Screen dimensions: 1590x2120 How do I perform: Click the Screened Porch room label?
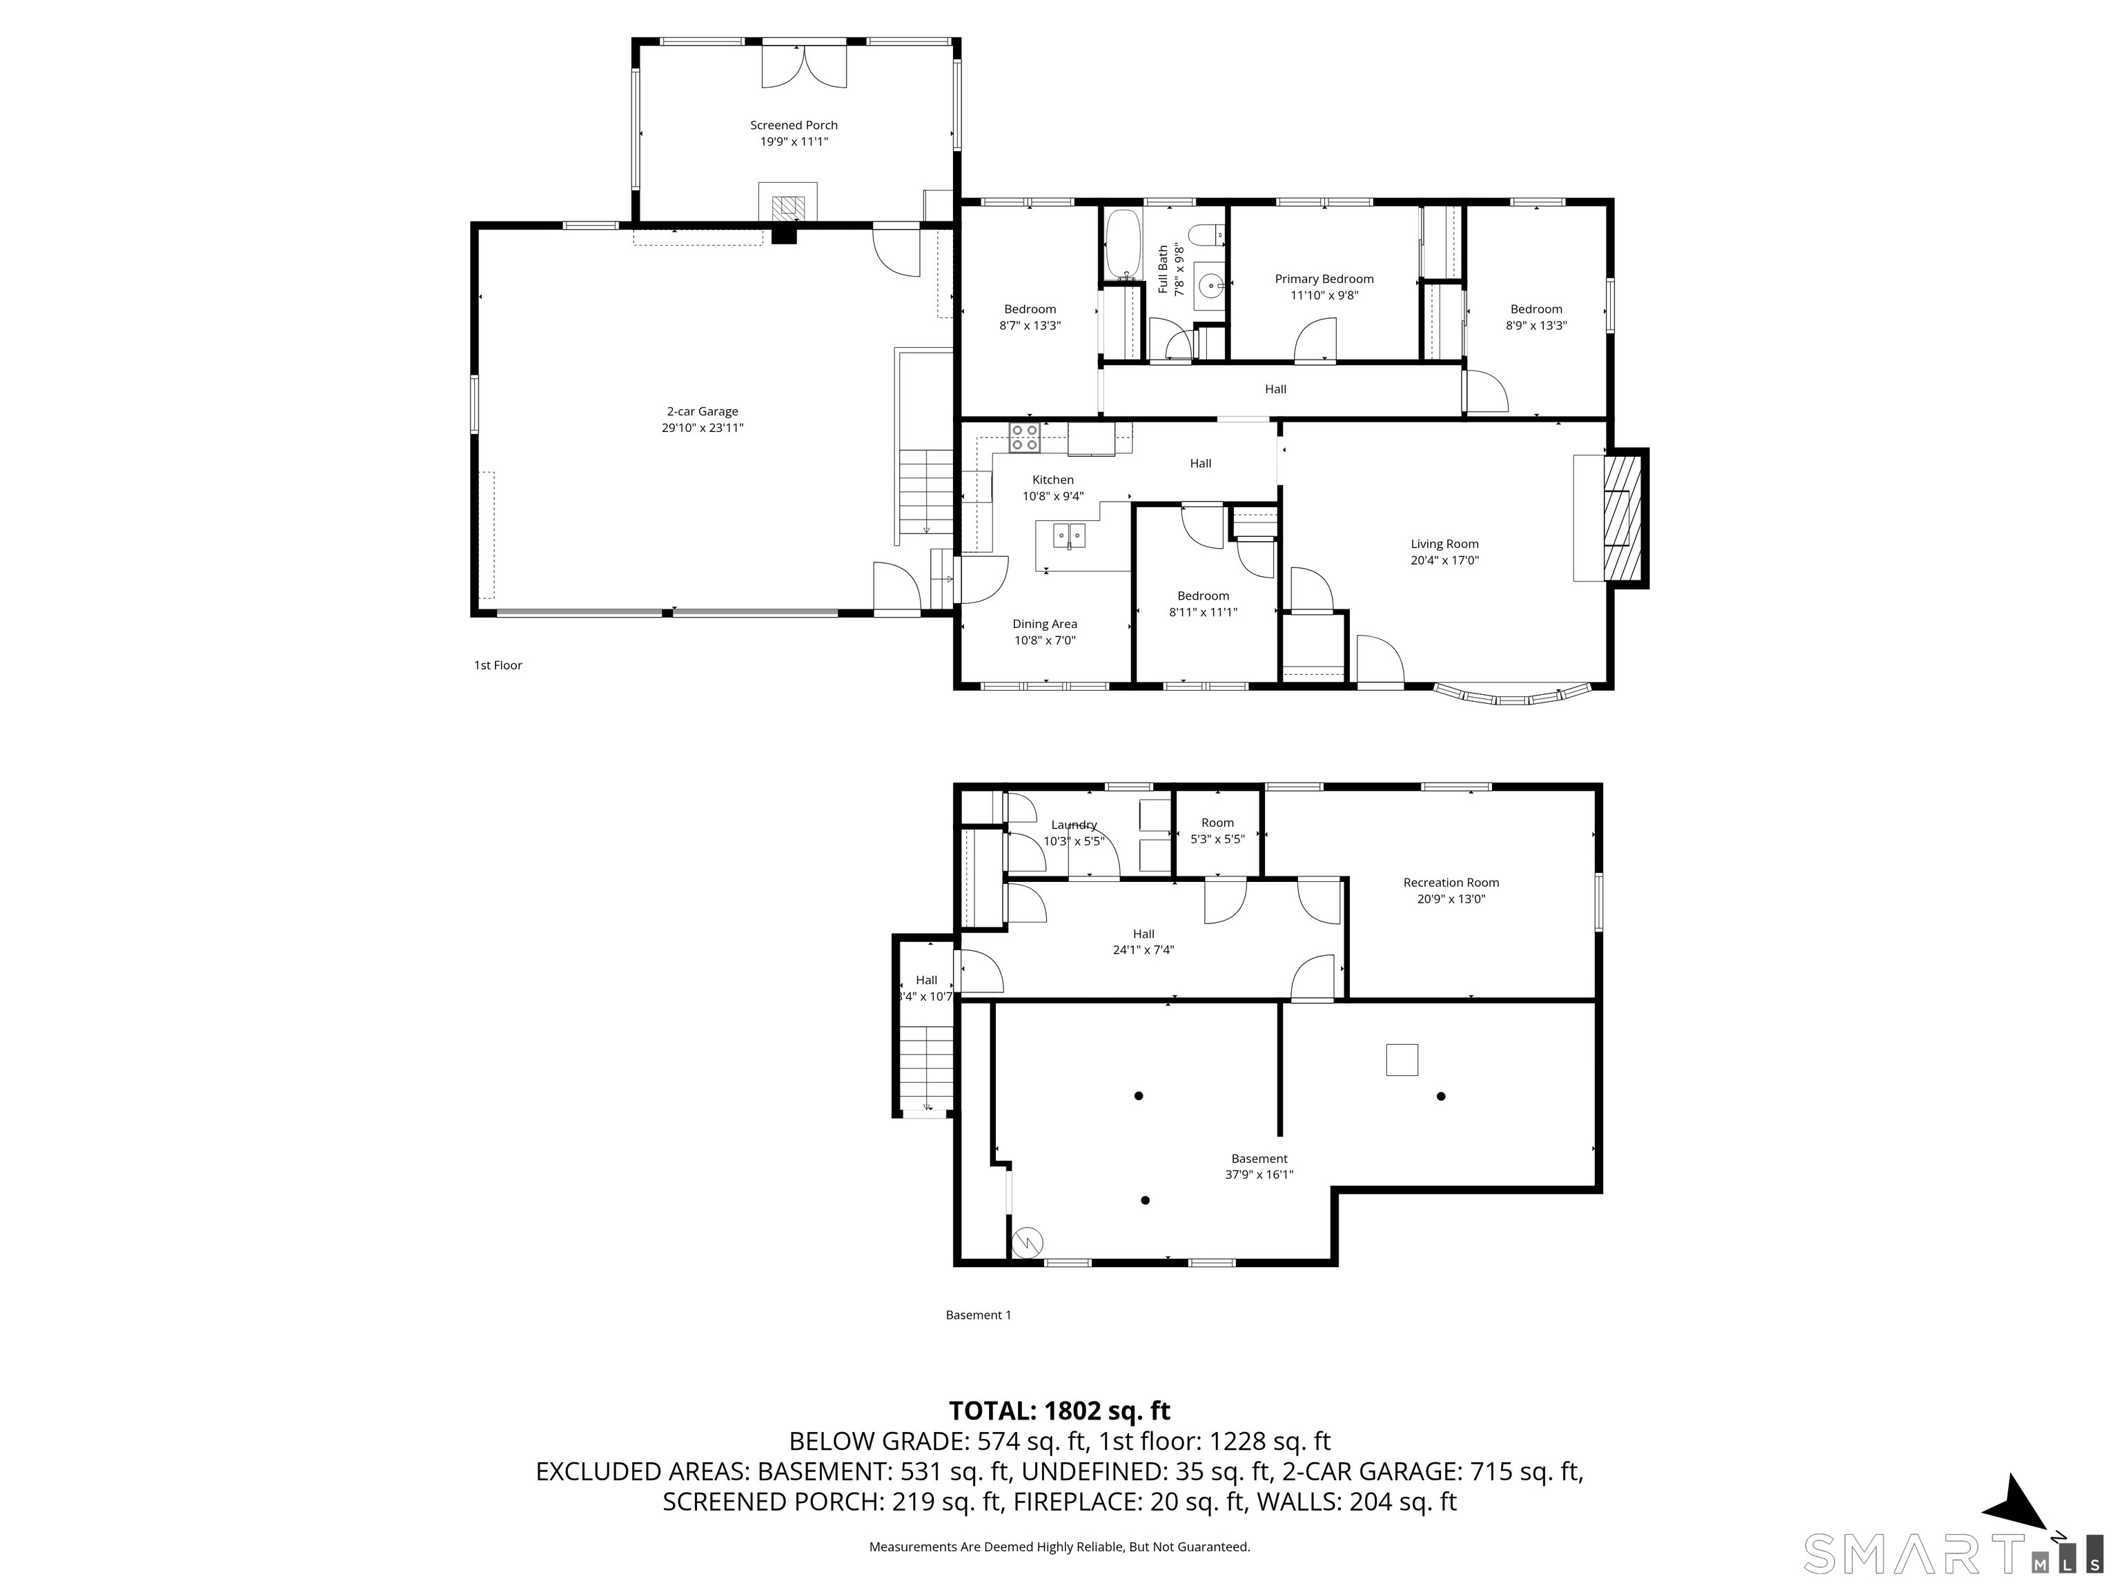tap(794, 126)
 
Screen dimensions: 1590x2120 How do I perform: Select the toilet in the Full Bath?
tap(1206, 233)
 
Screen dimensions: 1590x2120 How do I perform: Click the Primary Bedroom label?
tap(1324, 279)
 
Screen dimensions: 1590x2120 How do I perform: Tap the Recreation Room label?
tap(1450, 883)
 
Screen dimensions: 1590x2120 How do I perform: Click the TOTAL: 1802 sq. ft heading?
tap(1059, 1411)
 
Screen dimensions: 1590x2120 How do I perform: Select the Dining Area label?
tap(1045, 624)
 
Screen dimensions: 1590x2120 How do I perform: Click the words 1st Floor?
tap(498, 665)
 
